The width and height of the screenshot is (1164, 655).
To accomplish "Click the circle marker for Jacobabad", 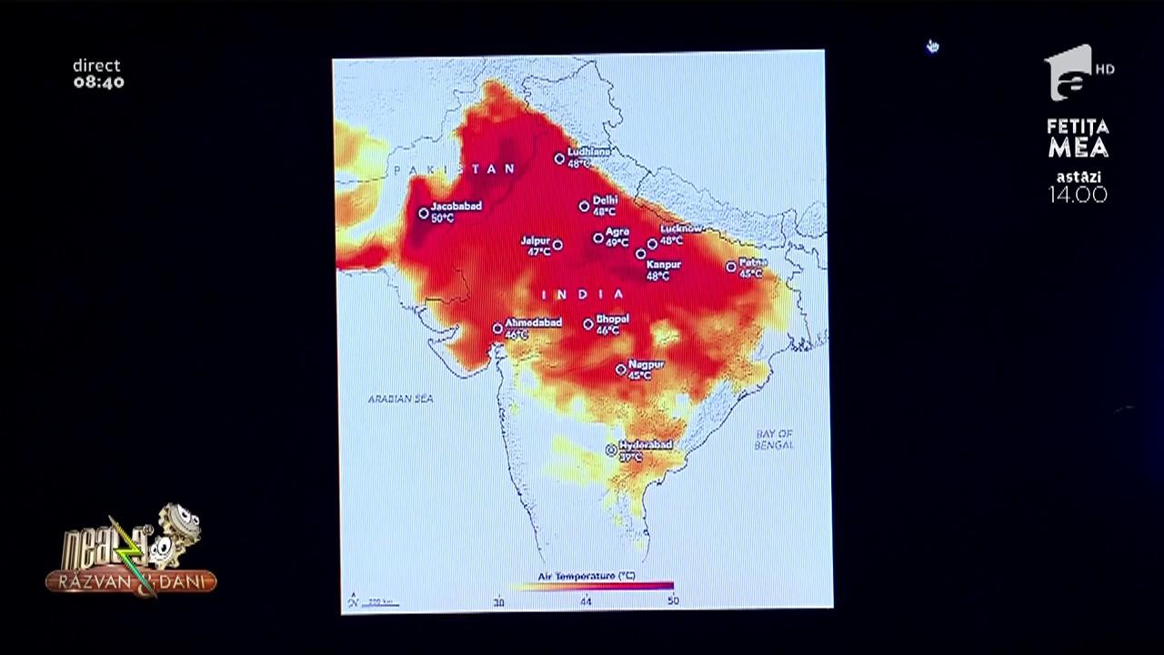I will click(424, 214).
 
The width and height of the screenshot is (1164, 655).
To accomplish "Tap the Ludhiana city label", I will click(588, 152).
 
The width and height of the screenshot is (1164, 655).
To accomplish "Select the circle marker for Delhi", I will click(585, 207).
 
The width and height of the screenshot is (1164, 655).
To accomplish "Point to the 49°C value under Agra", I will click(617, 243).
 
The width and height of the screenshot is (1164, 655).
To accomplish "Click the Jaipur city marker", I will click(557, 245).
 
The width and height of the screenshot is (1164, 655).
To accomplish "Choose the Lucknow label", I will click(681, 228).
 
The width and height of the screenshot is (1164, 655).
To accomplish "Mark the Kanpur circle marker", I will click(641, 254).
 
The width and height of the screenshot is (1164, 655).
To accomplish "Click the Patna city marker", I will click(731, 267).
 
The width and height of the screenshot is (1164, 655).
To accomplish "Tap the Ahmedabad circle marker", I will click(498, 328).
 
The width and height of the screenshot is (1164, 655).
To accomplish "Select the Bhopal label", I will click(612, 318).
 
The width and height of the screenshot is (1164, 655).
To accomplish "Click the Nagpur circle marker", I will click(621, 369).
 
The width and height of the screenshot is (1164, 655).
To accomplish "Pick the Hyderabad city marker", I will click(611, 449).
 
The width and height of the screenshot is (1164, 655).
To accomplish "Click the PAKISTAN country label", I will click(456, 169).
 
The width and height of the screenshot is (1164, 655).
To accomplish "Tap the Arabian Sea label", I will click(400, 398).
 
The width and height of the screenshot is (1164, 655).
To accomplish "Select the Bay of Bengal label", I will click(774, 439).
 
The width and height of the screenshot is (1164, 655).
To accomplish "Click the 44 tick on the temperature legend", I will click(586, 601).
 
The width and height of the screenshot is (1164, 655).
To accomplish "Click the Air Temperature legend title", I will click(587, 576).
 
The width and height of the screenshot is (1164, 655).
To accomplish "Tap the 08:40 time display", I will click(98, 82).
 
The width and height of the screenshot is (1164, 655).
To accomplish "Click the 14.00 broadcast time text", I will click(1078, 194).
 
